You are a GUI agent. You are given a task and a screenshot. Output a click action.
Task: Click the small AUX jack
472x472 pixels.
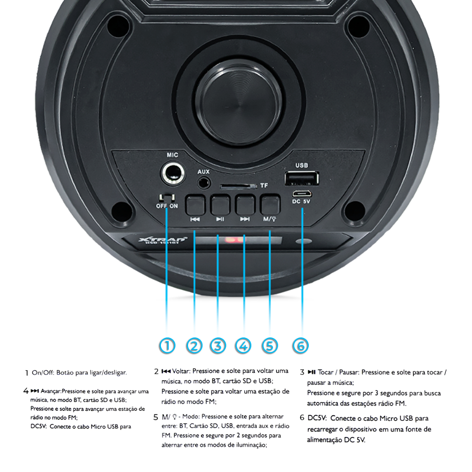click(203, 182)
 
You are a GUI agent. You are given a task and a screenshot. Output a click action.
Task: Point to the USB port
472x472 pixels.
click(302, 178)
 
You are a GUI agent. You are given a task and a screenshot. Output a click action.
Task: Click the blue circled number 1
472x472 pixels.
click(167, 346)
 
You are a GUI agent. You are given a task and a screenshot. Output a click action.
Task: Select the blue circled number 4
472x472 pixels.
click(243, 346)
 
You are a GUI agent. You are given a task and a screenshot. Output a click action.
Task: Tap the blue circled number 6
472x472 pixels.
click(300, 346)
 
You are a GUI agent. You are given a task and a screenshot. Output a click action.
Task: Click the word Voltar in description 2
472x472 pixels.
click(181, 371)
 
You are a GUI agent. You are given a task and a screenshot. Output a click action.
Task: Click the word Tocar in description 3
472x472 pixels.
click(325, 372)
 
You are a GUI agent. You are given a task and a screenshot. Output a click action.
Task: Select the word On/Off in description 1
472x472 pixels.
click(43, 372)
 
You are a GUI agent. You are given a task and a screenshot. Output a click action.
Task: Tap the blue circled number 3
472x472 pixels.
click(218, 346)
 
